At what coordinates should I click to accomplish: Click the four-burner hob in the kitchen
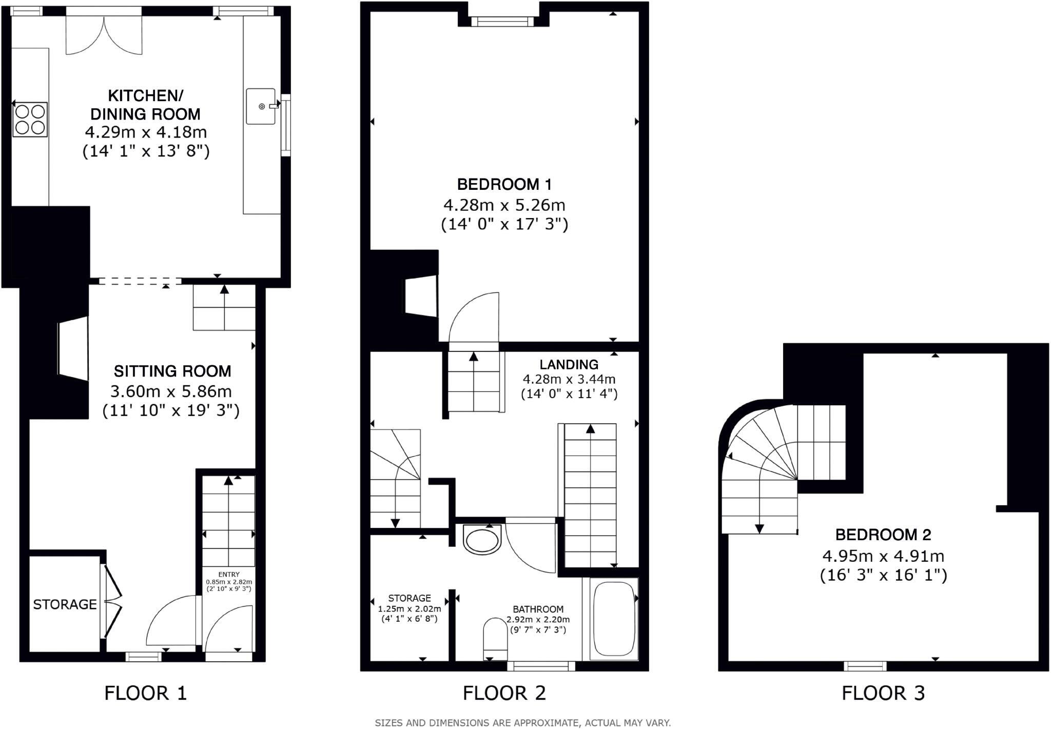pos(30,119)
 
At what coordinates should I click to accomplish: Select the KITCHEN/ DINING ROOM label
pos(145,105)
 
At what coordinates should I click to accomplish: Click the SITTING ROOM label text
pos(172,371)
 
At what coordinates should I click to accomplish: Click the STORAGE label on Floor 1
pos(65,604)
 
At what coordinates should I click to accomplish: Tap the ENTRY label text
pos(229,574)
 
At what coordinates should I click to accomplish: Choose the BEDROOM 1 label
pos(504,184)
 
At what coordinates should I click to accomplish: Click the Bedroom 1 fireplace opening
pos(421,297)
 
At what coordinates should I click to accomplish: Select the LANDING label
pos(569,365)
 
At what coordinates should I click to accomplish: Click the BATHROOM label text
pos(538,609)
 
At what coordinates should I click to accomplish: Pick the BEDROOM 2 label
pos(883,535)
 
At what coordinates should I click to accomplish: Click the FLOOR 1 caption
pos(145,693)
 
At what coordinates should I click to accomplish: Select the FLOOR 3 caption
pos(883,693)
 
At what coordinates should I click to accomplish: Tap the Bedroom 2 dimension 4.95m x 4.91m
pos(883,556)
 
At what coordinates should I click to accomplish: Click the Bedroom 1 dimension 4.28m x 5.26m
pos(504,205)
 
